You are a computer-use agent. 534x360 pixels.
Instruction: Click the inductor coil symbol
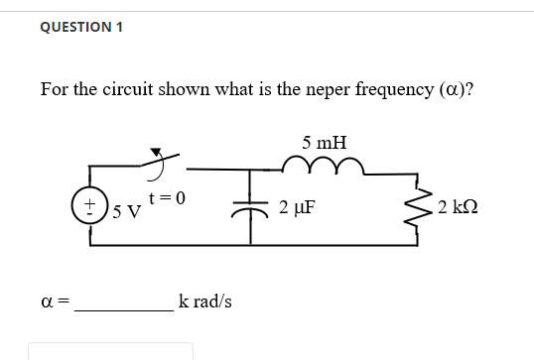pos(325,166)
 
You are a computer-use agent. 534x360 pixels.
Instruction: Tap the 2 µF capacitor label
pos(298,208)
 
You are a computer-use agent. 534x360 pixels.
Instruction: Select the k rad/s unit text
pos(205,300)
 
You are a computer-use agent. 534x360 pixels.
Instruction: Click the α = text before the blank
pos(55,300)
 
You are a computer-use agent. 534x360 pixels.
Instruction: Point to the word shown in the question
pos(185,90)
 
